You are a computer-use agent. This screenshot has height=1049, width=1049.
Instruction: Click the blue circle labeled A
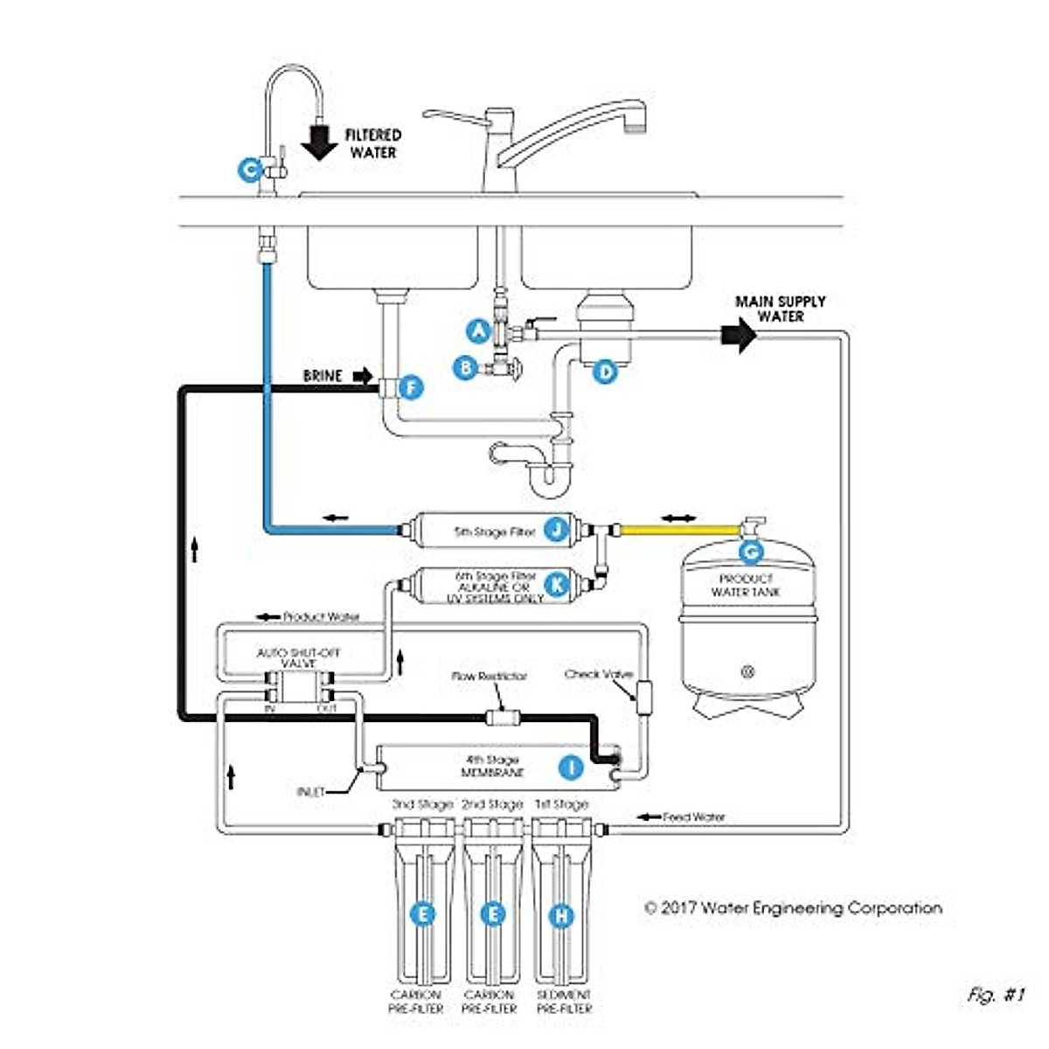coord(477,330)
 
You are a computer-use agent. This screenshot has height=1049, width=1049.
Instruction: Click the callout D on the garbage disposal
coord(604,372)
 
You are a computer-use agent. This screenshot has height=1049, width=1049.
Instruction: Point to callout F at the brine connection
coord(410,387)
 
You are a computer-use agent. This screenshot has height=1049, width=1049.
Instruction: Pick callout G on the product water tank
coord(750,552)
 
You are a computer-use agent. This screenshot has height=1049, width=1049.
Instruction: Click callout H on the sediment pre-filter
coord(560,916)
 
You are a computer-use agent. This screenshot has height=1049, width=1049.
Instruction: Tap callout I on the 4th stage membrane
coord(571,768)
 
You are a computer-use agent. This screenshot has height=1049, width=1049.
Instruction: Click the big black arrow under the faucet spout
coord(321,142)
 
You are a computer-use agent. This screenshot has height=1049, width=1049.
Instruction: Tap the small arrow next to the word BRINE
coord(362,376)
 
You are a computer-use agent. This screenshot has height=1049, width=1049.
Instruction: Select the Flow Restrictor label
coord(490,677)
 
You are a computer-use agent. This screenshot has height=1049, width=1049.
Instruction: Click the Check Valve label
coord(599,674)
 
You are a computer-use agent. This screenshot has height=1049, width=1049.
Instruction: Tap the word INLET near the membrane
coord(310,792)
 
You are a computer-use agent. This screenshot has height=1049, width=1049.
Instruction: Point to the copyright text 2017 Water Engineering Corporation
coord(793,908)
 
